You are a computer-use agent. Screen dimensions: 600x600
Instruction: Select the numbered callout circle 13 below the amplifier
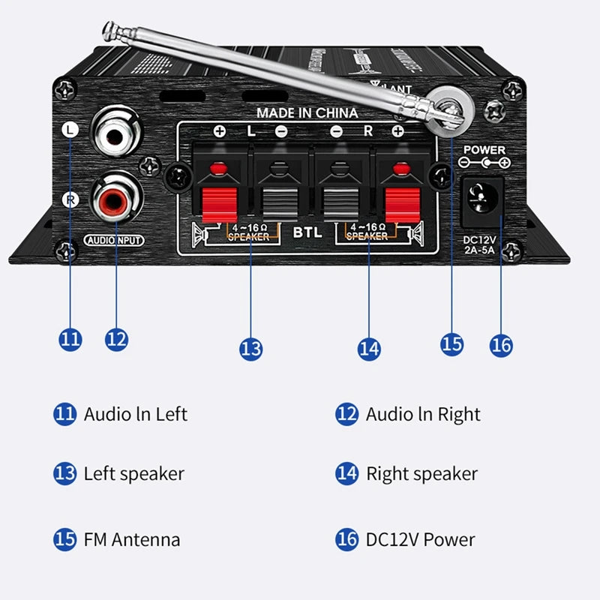[251, 349]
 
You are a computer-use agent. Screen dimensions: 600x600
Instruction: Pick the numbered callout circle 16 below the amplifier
[501, 345]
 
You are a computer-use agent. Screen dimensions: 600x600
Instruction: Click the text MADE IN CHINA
[307, 113]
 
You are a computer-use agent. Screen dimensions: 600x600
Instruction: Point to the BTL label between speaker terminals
[307, 232]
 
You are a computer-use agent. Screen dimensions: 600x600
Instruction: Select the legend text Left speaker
[133, 474]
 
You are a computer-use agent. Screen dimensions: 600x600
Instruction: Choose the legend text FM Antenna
[131, 539]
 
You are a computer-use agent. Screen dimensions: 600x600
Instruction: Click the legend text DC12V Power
[420, 539]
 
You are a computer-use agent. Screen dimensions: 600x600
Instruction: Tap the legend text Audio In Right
[423, 414]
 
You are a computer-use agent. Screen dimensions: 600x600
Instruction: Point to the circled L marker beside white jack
[69, 130]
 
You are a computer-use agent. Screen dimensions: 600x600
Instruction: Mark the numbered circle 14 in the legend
[346, 474]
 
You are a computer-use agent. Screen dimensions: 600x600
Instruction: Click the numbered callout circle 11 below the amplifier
[70, 339]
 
